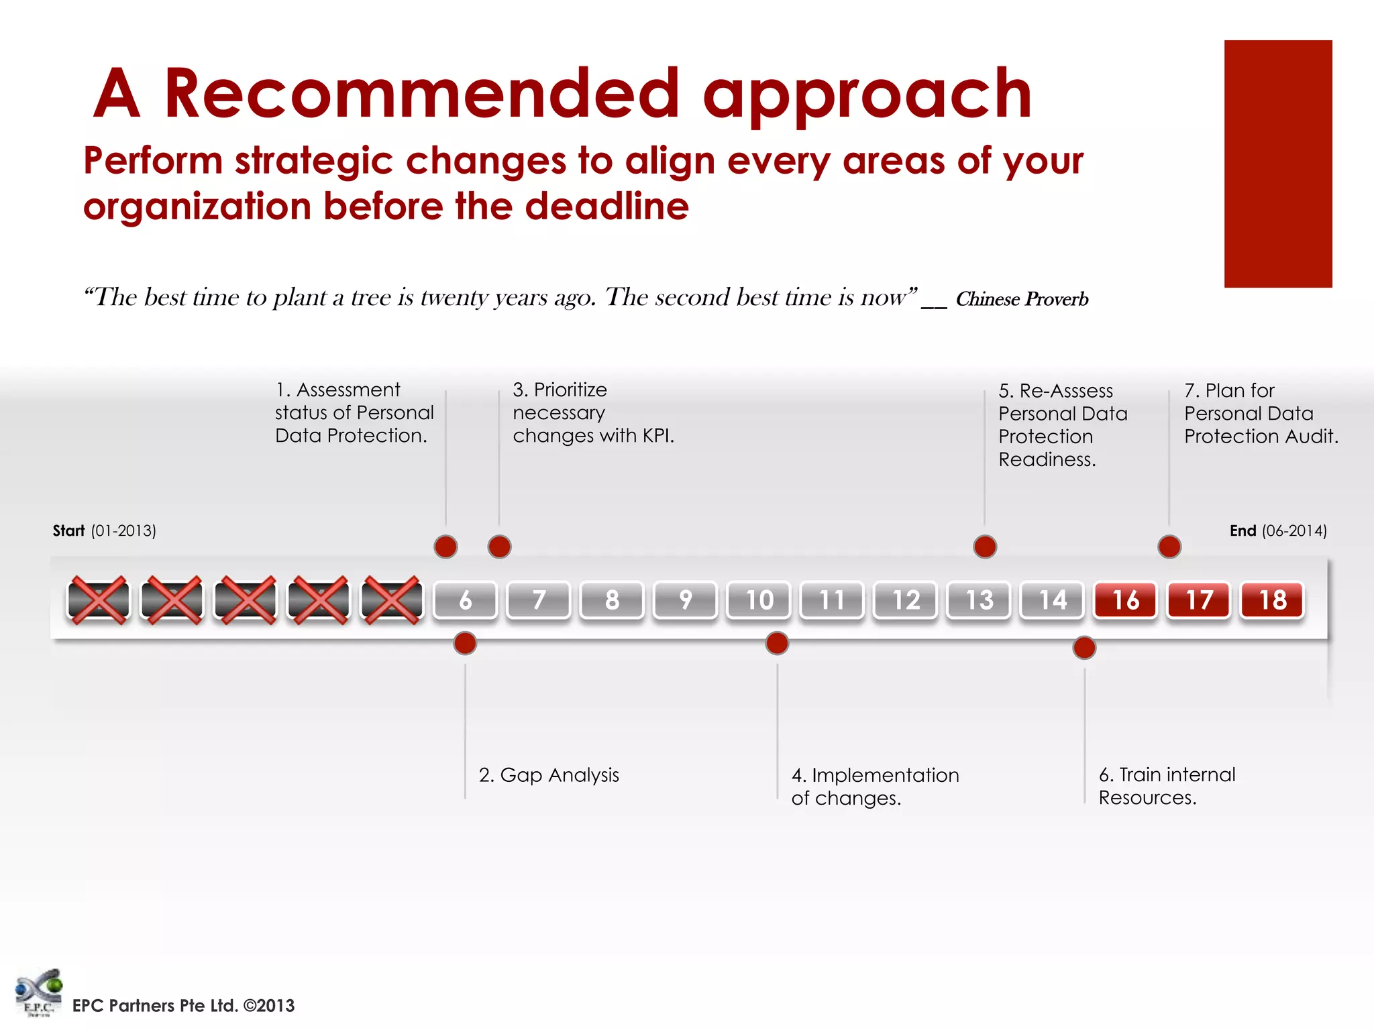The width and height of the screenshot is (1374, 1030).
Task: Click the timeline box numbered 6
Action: [465, 599]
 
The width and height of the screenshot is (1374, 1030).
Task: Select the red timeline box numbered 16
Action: [1125, 599]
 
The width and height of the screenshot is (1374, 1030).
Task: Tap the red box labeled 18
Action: [1272, 599]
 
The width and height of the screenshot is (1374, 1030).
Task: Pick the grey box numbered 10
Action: [759, 599]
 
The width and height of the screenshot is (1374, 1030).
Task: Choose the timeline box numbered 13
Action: [979, 599]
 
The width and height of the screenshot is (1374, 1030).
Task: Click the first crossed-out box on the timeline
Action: [98, 599]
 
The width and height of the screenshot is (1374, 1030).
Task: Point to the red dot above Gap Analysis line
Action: [465, 643]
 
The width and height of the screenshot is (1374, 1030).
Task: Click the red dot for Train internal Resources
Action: [1084, 648]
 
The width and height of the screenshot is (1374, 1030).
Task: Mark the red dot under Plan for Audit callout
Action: [1169, 547]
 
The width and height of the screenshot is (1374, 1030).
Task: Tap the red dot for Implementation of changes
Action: [777, 643]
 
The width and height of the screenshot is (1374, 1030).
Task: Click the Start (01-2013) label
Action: [104, 531]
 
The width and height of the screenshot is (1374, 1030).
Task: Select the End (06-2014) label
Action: [1278, 531]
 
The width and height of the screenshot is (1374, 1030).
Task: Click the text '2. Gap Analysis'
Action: [549, 775]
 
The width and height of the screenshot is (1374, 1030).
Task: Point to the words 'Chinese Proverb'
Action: [1022, 299]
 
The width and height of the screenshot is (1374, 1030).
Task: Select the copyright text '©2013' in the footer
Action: [269, 1006]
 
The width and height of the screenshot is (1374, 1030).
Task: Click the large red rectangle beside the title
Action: [1278, 164]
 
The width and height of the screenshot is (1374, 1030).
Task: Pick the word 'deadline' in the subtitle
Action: [606, 206]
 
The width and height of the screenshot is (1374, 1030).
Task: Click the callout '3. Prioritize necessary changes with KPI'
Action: [593, 412]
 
